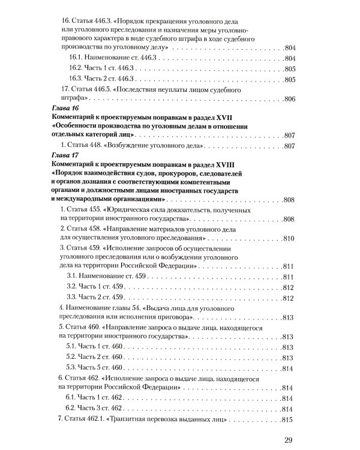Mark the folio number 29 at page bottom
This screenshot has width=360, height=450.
[x=287, y=442]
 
